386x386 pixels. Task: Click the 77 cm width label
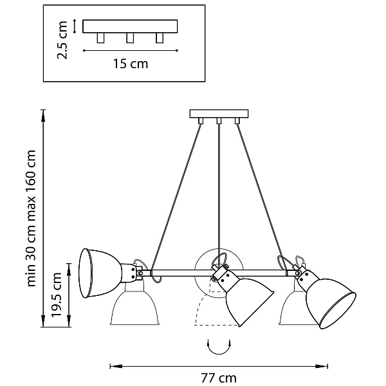(x=219, y=378)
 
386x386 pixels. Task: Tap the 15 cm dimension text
(x=131, y=64)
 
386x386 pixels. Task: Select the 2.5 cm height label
(x=62, y=40)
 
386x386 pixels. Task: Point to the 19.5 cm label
(x=56, y=295)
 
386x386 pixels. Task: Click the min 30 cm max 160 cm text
(x=31, y=218)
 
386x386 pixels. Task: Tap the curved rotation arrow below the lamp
(x=219, y=347)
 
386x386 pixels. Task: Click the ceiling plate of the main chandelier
(x=219, y=114)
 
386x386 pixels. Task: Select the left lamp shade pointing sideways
(x=100, y=273)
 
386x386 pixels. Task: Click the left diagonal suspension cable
(x=176, y=197)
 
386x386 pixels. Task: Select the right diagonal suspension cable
(x=262, y=197)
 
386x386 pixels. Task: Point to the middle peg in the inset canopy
(x=130, y=38)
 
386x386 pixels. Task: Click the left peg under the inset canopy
(x=100, y=38)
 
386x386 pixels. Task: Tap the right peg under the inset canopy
(x=160, y=38)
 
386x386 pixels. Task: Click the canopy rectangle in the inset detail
(x=130, y=26)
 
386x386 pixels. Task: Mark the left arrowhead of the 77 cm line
(x=116, y=366)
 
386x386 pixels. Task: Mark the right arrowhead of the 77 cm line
(x=322, y=366)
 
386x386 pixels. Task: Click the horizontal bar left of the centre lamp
(x=182, y=273)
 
